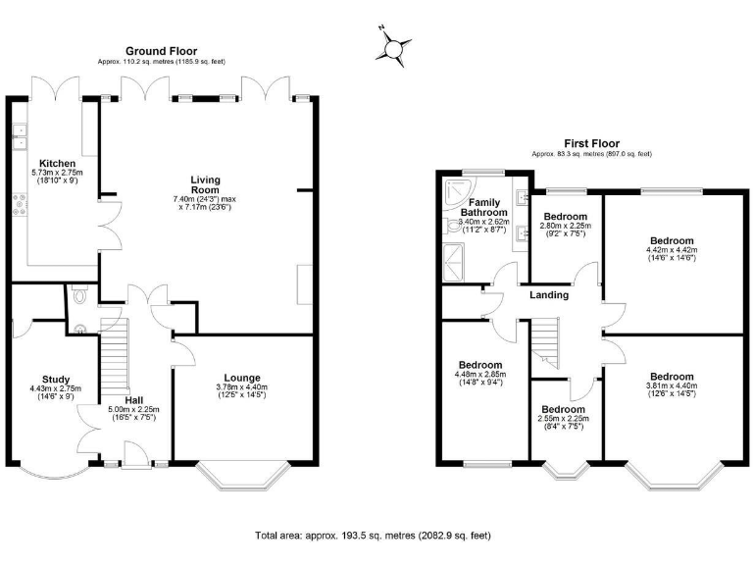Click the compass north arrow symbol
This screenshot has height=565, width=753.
click(395, 47)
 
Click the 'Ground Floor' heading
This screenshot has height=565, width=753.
click(161, 51)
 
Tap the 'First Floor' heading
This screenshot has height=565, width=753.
click(591, 143)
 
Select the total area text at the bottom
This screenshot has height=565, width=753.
click(373, 536)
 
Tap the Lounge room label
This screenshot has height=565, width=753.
click(241, 377)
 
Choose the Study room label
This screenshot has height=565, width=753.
click(56, 380)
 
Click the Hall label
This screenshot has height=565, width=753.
click(134, 399)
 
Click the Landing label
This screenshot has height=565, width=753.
click(550, 294)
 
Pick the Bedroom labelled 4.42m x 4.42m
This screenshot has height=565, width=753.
click(671, 240)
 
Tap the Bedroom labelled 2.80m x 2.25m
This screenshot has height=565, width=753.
click(566, 217)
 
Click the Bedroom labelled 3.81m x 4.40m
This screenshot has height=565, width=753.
click(671, 377)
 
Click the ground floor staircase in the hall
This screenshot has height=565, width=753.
click(116, 358)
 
